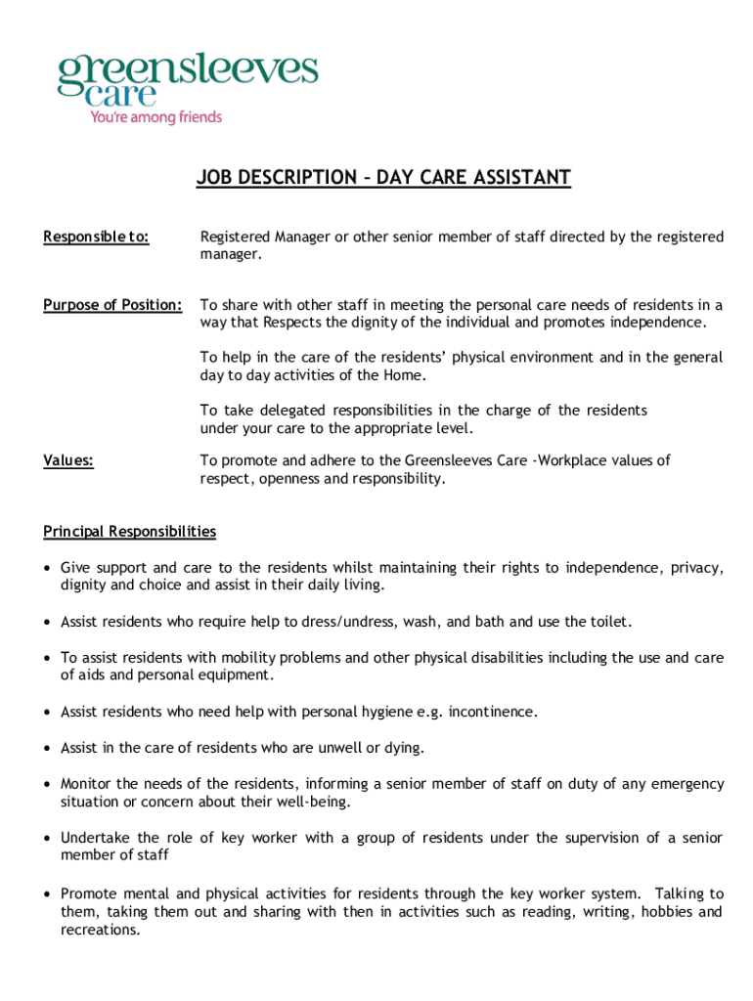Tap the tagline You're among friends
(156, 117)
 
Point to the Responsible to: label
(96, 237)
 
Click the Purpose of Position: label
(112, 305)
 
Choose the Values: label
(68, 460)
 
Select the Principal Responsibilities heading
(129, 532)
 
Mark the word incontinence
(492, 712)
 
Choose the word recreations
(99, 930)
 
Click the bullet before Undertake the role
(48, 839)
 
